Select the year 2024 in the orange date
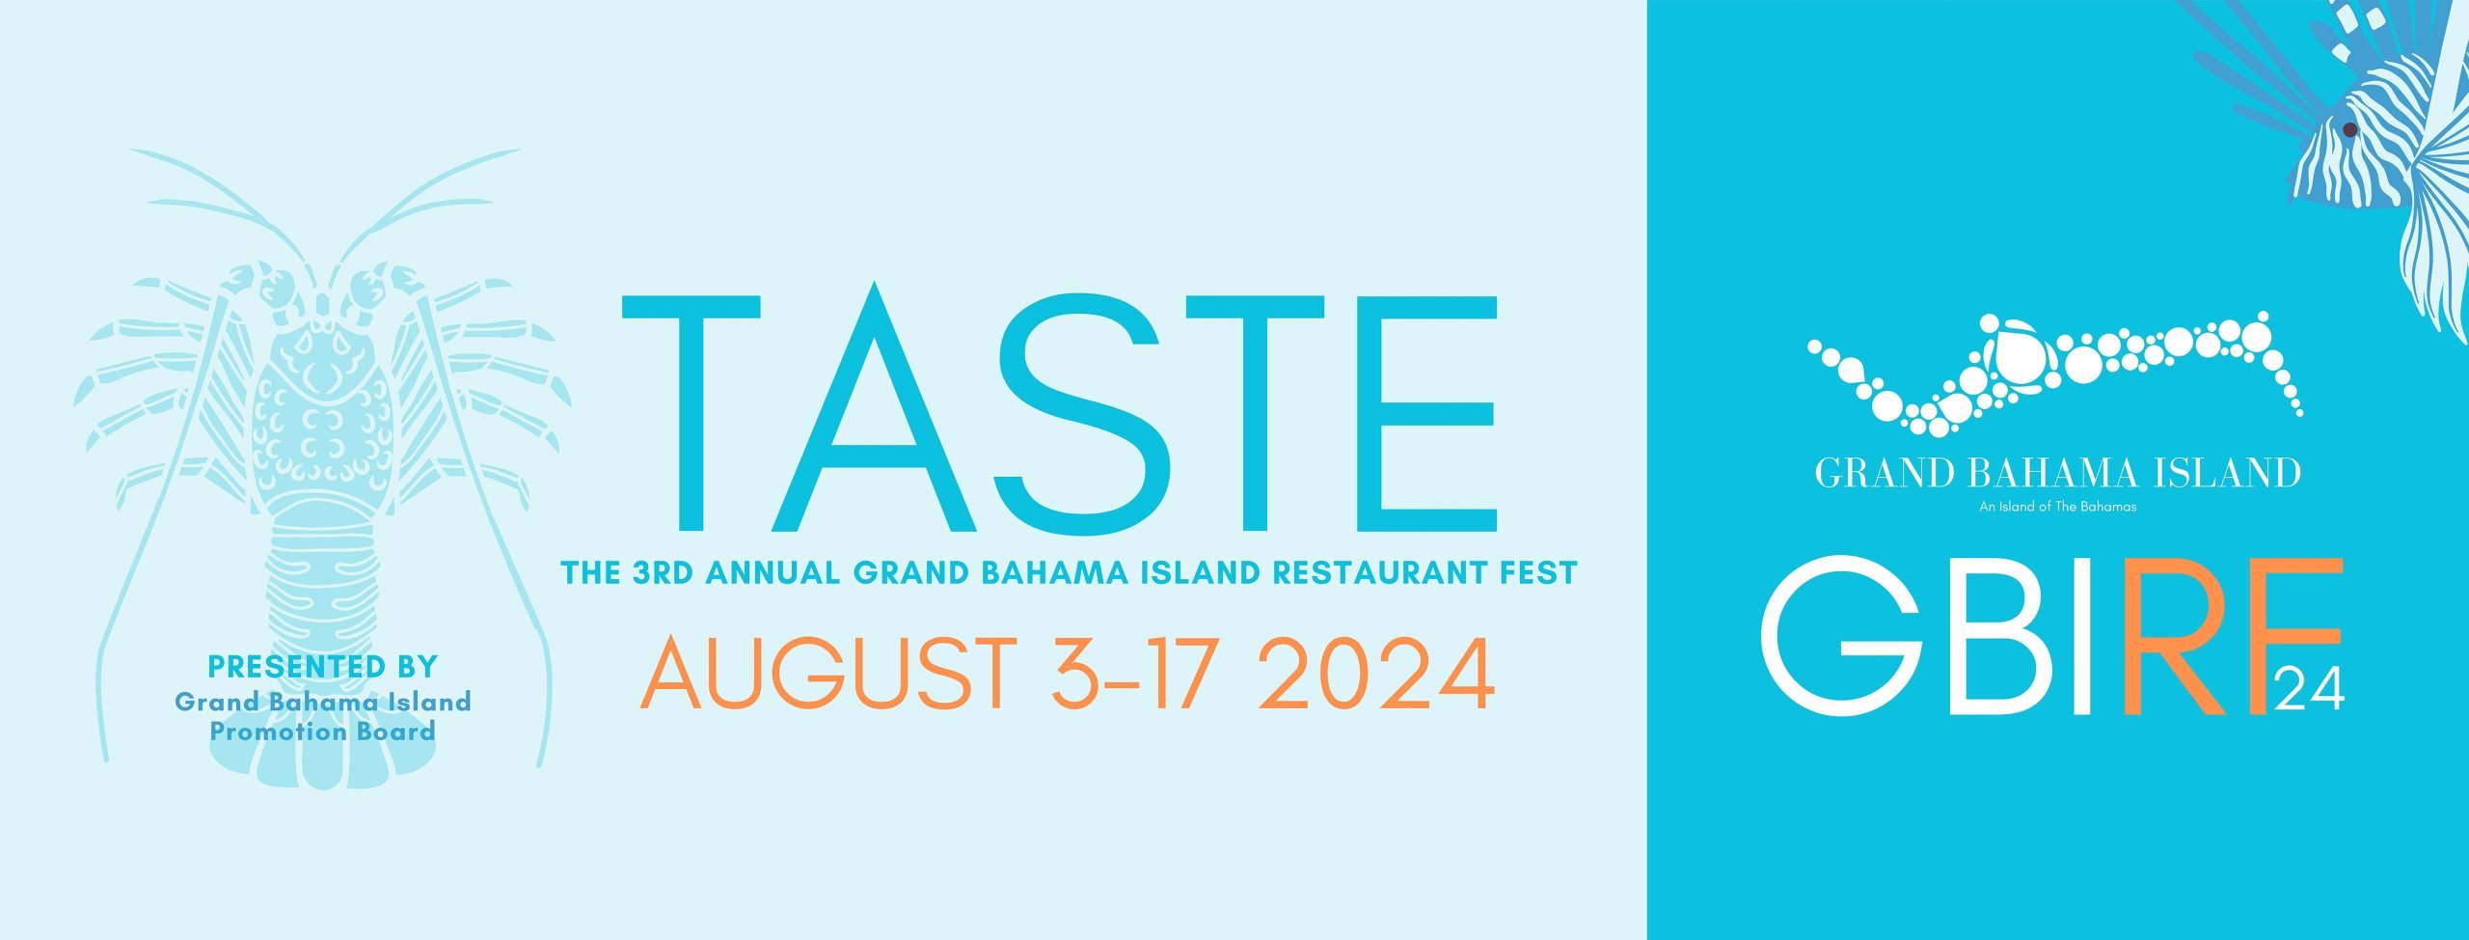(1377, 673)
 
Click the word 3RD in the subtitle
(664, 572)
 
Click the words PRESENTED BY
(323, 667)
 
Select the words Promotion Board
(323, 732)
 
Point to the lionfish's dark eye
(2349, 129)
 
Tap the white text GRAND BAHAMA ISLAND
(2058, 473)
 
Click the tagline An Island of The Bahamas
(2058, 507)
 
